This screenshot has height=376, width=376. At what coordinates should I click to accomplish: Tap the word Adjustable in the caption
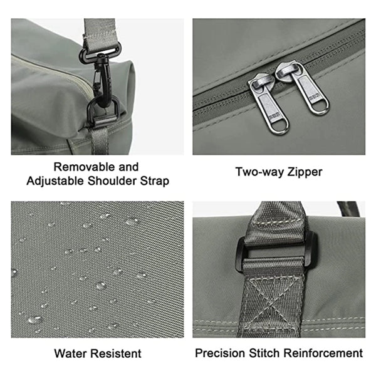point(55,181)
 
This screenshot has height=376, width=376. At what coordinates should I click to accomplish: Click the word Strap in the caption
point(155,181)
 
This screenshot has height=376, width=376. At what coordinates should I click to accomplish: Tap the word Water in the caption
point(71,353)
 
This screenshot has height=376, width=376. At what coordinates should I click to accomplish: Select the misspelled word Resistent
point(117,353)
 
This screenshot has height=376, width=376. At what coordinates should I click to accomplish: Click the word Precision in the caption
point(221,353)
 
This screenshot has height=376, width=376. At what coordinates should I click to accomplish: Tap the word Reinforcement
point(323,353)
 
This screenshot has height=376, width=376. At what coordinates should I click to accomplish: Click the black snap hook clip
point(103,79)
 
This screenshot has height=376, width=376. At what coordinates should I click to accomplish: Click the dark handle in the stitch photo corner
point(348,208)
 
